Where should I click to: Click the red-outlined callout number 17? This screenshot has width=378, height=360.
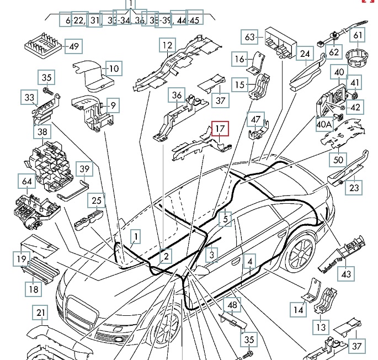point(220,129)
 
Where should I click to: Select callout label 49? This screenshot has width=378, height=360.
point(73,46)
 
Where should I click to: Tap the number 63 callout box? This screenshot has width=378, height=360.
point(249,37)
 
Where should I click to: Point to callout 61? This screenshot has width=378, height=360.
point(359,36)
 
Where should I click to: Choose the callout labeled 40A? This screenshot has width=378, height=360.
point(324,125)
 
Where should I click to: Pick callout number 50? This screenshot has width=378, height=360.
point(337,160)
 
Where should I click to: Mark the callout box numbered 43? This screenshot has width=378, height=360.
point(346,273)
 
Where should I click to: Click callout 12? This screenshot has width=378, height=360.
point(167,45)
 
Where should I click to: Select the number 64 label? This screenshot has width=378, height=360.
point(26,181)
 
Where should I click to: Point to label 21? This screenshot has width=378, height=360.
point(40,313)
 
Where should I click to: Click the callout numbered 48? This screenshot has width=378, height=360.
point(232,305)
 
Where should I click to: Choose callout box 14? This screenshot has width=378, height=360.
point(299,310)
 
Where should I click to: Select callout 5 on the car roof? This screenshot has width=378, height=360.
point(225,219)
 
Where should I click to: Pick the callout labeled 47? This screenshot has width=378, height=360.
point(255,119)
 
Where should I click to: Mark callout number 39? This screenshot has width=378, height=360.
point(84,169)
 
